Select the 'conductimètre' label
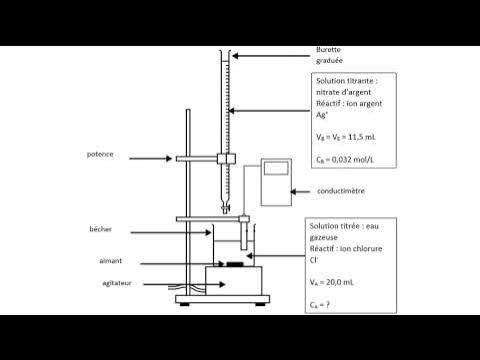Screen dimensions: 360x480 340,189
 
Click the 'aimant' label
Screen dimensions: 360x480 125,261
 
